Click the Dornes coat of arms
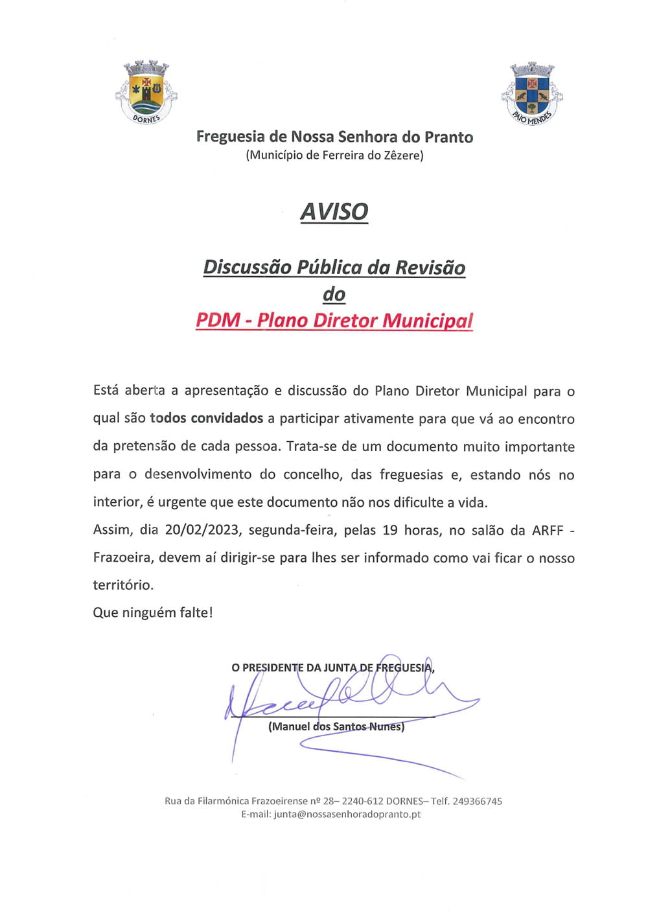(146, 91)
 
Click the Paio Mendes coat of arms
(532, 93)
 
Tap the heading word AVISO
(334, 212)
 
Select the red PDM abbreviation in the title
(218, 320)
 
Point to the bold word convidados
(227, 419)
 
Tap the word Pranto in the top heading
(449, 137)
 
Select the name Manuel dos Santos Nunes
(336, 726)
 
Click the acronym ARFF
(548, 530)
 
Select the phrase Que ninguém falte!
(153, 612)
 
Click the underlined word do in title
(334, 294)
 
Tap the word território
(123, 585)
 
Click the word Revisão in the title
(430, 268)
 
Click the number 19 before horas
(390, 530)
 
